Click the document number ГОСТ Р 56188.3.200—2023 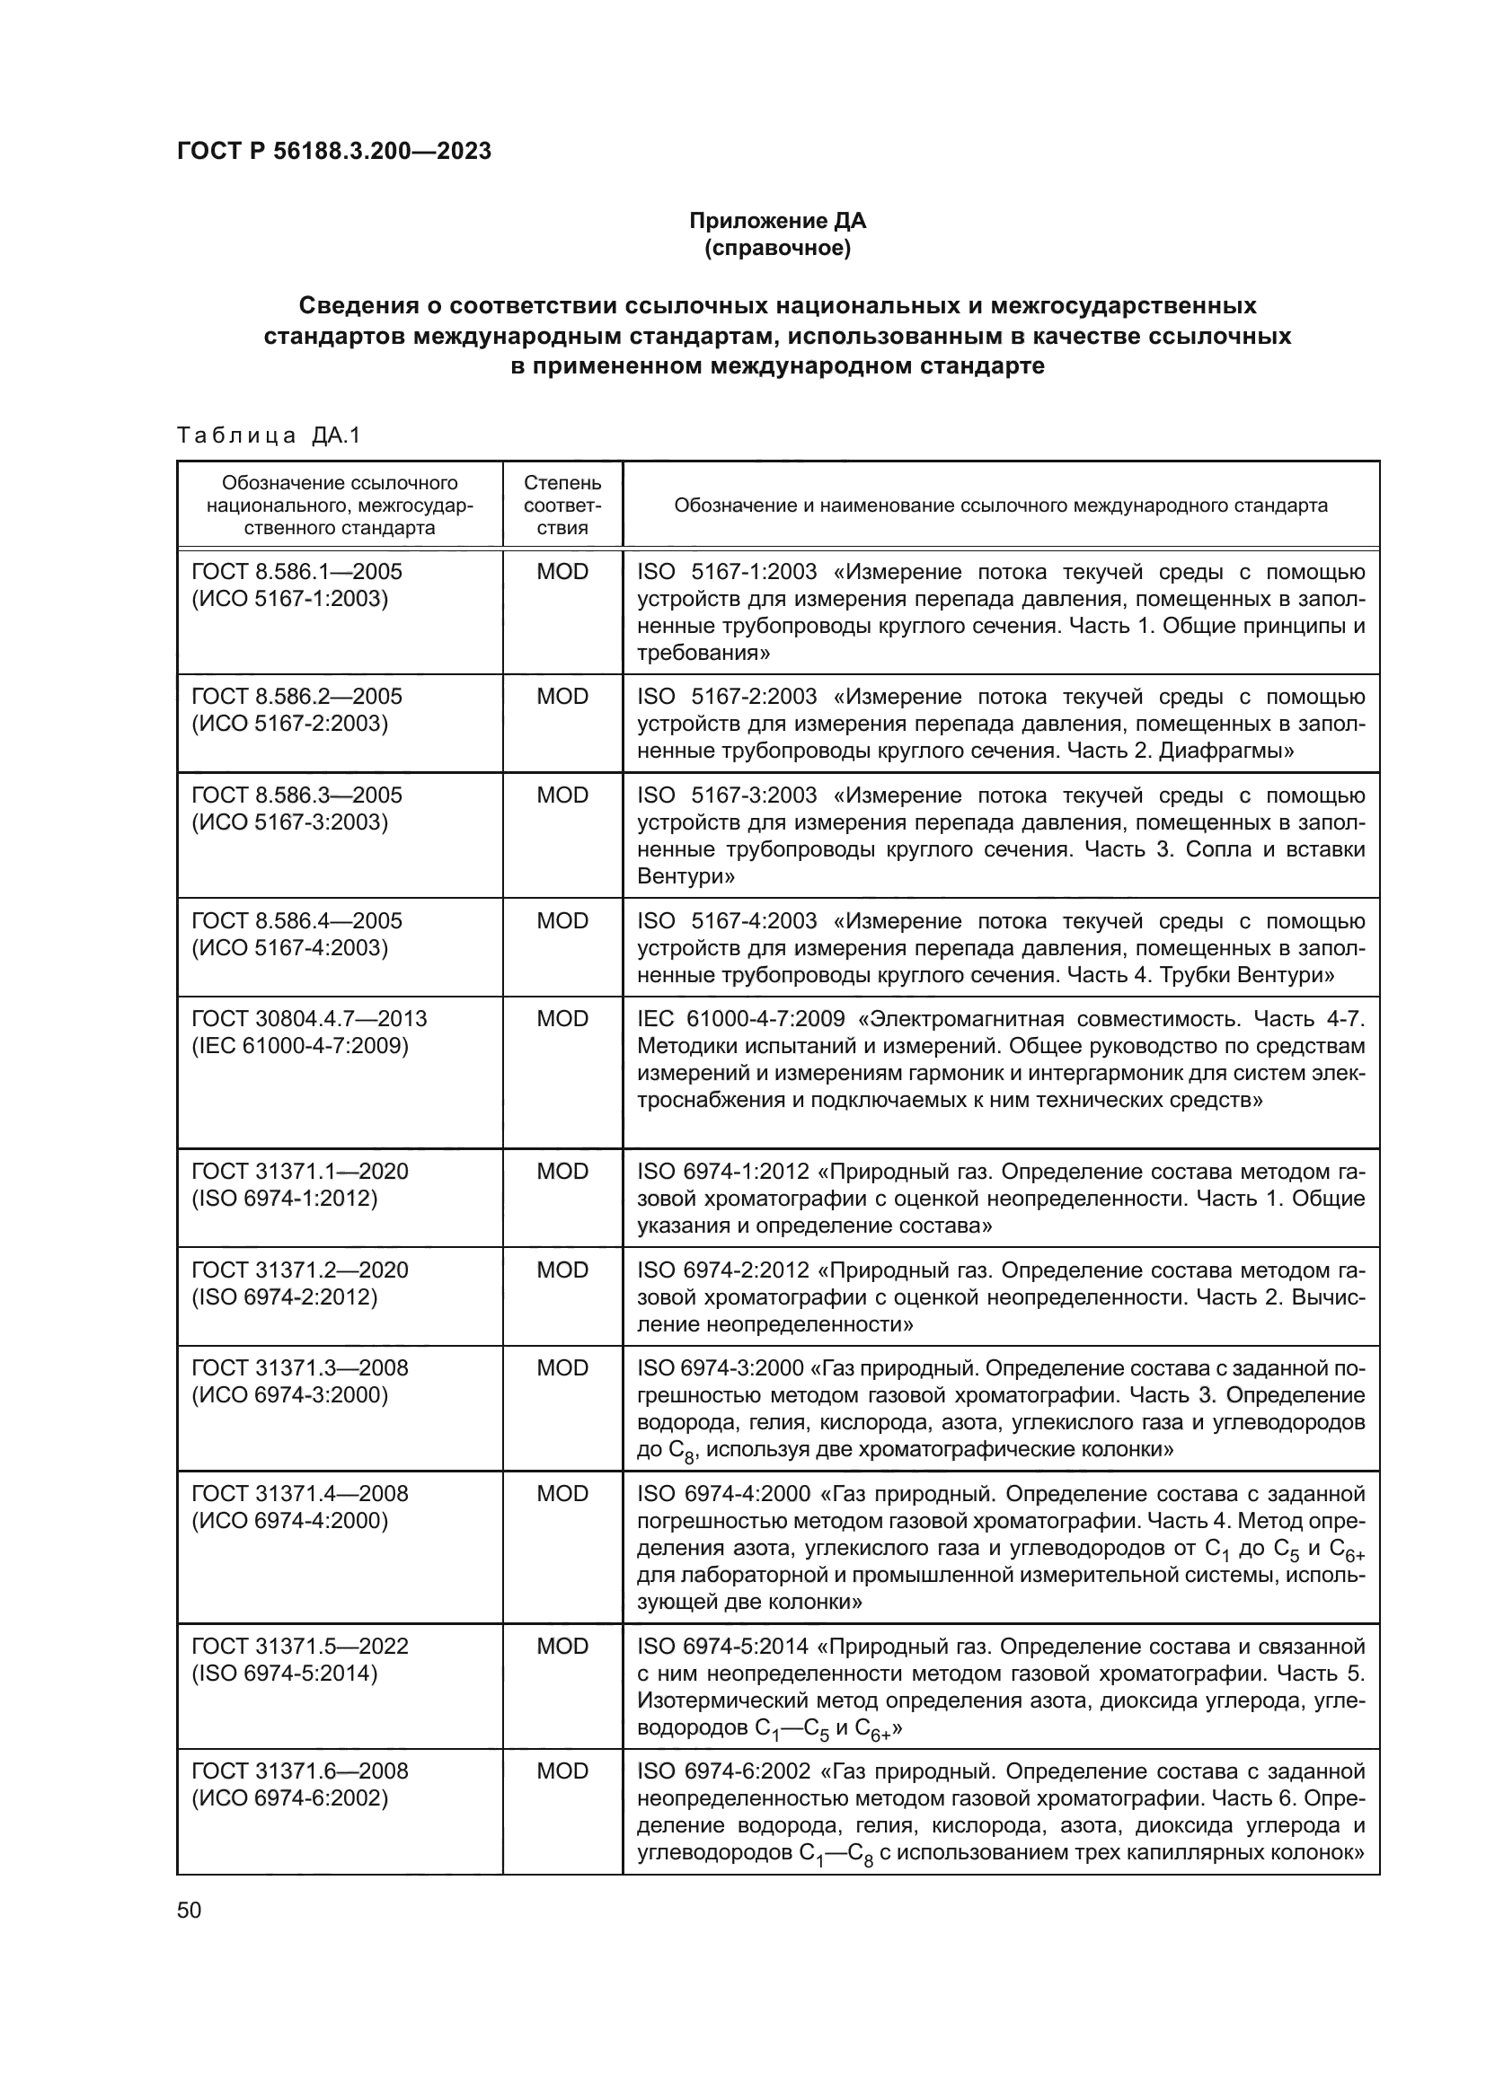[334, 151]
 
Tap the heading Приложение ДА [777, 221]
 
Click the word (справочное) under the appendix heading [777, 248]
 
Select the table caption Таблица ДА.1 [269, 435]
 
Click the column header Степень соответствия [562, 505]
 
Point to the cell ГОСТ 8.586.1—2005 [296, 572]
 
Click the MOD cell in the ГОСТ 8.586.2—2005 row [562, 697]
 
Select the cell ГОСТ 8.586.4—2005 [296, 921]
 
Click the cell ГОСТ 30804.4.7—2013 [308, 1019]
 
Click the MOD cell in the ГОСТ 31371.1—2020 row [562, 1172]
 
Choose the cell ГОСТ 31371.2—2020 [299, 1270]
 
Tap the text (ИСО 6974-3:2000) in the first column [289, 1396]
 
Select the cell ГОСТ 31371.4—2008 [299, 1495]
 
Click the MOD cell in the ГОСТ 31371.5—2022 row [562, 1647]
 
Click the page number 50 [189, 1911]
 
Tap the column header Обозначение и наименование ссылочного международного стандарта [1000, 505]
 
